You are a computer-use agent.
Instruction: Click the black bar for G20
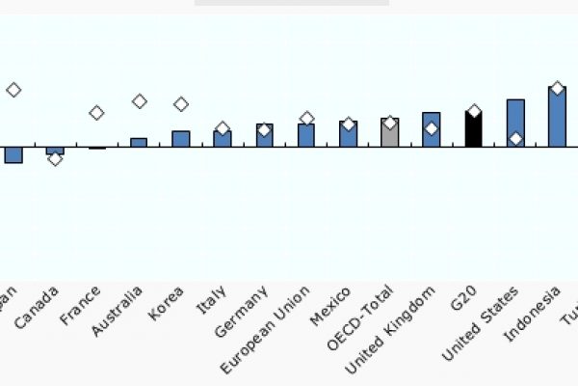click(473, 129)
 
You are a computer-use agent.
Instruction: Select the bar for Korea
click(180, 139)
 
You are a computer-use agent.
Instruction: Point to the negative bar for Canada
click(55, 150)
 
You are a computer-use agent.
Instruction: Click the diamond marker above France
click(96, 113)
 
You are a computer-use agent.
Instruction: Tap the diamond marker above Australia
click(139, 101)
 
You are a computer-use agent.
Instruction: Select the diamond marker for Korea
click(180, 104)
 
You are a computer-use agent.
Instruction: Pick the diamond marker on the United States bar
click(515, 139)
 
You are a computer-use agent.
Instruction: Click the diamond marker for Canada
click(55, 158)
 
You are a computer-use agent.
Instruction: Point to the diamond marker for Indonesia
click(557, 89)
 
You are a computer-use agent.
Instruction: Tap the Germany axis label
click(242, 311)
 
